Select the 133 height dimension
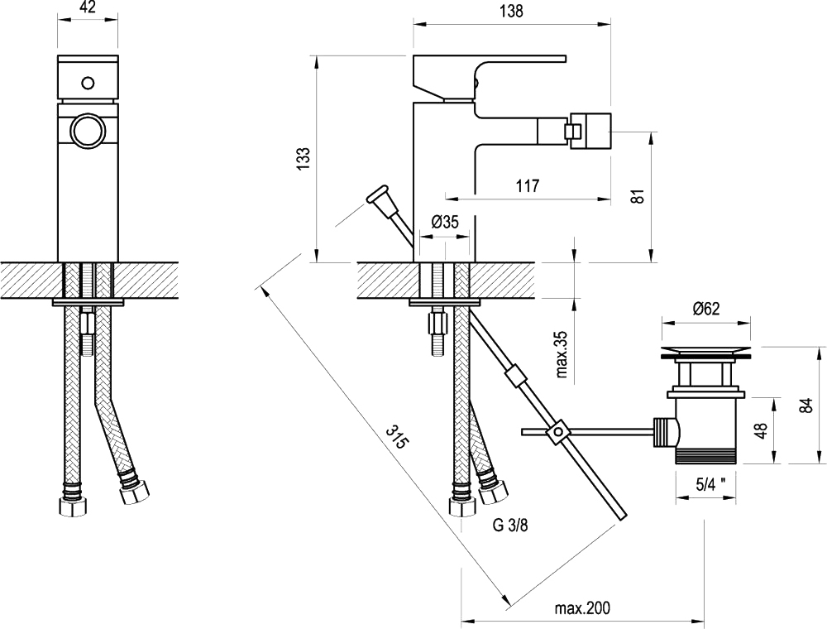(x=304, y=158)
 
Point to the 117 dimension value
(x=528, y=185)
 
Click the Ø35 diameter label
(x=445, y=222)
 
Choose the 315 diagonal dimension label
(x=396, y=436)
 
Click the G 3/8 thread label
(x=509, y=525)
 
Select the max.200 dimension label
(x=582, y=607)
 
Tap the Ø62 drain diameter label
(x=705, y=309)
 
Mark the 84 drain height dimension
(x=806, y=406)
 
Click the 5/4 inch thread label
(x=710, y=485)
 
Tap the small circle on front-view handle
(x=88, y=83)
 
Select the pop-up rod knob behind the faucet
(x=377, y=197)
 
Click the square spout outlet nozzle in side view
(x=589, y=129)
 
